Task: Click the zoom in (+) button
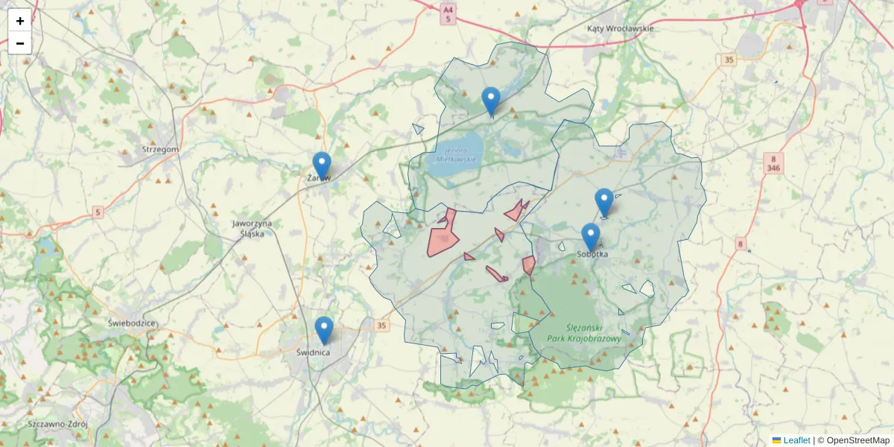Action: click(20, 21)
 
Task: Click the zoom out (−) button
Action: click(20, 43)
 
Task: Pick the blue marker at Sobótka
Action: click(591, 238)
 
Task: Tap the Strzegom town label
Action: click(160, 149)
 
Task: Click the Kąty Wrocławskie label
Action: click(620, 28)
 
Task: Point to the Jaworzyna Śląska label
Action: click(252, 228)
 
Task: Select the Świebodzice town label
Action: click(131, 323)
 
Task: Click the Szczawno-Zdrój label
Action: click(58, 424)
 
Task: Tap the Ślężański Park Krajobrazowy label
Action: click(583, 333)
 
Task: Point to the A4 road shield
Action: click(448, 14)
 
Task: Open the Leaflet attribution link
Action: click(796, 440)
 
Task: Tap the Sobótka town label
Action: click(592, 254)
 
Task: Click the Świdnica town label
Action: click(313, 352)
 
